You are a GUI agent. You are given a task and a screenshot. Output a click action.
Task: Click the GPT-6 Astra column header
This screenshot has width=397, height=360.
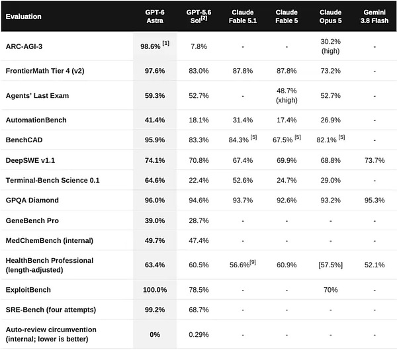coord(155,17)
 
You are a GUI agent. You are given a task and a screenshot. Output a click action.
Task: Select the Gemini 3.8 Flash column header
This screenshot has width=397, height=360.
coord(375,17)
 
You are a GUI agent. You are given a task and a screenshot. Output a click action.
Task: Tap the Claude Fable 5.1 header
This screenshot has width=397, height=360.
coord(243,17)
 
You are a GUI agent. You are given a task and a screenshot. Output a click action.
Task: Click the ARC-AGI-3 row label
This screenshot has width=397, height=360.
coord(24,46)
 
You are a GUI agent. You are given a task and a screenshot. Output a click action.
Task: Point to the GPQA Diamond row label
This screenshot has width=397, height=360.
coord(32,201)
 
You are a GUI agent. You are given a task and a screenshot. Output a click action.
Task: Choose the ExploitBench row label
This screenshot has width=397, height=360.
coord(28,290)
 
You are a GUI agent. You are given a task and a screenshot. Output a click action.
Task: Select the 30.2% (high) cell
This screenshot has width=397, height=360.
coord(330,46)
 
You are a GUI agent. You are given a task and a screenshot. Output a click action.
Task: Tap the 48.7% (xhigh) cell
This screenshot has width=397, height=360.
coord(287,95)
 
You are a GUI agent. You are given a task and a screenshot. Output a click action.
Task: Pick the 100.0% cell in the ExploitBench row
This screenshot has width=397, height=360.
coord(155,290)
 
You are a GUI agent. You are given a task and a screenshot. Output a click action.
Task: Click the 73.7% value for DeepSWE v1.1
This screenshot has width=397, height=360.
coord(375,160)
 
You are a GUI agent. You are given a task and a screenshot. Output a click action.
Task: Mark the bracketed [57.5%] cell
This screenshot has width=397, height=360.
coord(330,265)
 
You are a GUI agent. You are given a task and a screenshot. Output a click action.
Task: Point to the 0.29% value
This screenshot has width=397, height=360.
coord(198,335)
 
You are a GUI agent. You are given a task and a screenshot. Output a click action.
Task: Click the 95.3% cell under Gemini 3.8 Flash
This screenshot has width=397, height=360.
coord(375,201)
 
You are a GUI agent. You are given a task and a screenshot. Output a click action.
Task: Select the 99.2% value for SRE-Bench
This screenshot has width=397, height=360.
coord(155,310)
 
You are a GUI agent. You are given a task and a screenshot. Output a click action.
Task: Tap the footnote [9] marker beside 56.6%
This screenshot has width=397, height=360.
coord(253,262)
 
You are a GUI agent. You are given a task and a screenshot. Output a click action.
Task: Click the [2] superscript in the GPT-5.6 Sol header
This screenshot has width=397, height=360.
coord(204,19)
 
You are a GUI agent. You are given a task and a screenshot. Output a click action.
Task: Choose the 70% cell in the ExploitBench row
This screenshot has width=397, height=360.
coord(330,290)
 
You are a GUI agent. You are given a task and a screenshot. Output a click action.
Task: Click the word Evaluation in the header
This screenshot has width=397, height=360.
coord(24,17)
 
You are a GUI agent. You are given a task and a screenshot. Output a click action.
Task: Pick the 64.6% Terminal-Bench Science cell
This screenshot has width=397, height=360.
coord(155,180)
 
